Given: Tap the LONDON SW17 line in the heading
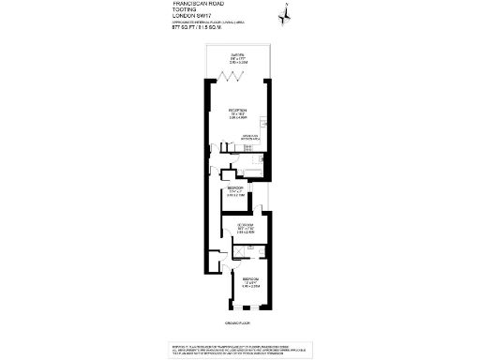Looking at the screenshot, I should click(194, 19).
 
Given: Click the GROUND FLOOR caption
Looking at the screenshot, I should click(240, 323).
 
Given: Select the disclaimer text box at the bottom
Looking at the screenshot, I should click(240, 348).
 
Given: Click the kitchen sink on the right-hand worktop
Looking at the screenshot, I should click(266, 127).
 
